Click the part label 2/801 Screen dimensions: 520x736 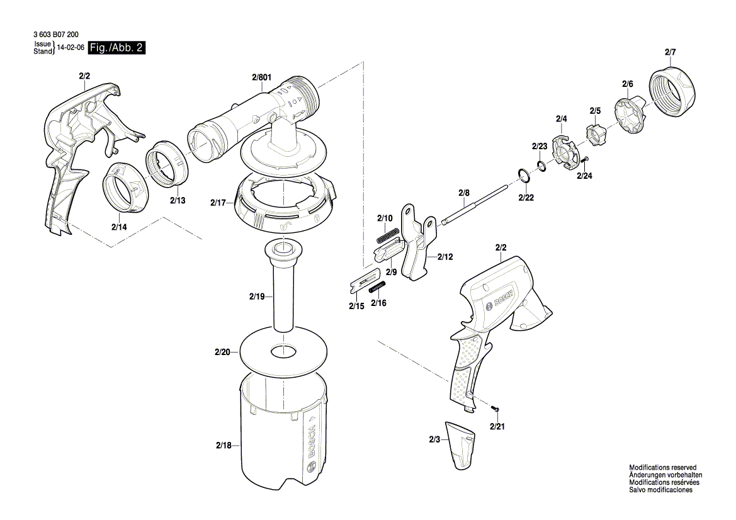[x=261, y=77]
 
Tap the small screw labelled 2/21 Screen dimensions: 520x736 [x=495, y=410]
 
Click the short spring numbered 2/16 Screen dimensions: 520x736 [x=378, y=288]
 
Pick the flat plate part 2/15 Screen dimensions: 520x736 [x=363, y=281]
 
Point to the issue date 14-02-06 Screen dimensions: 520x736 [x=71, y=48]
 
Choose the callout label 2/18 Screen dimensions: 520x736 [x=223, y=446]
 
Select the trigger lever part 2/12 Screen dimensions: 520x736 [x=416, y=252]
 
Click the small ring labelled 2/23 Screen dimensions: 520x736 [x=541, y=165]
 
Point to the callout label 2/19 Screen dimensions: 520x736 [x=257, y=295]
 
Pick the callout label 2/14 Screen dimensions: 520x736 [x=120, y=226]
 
